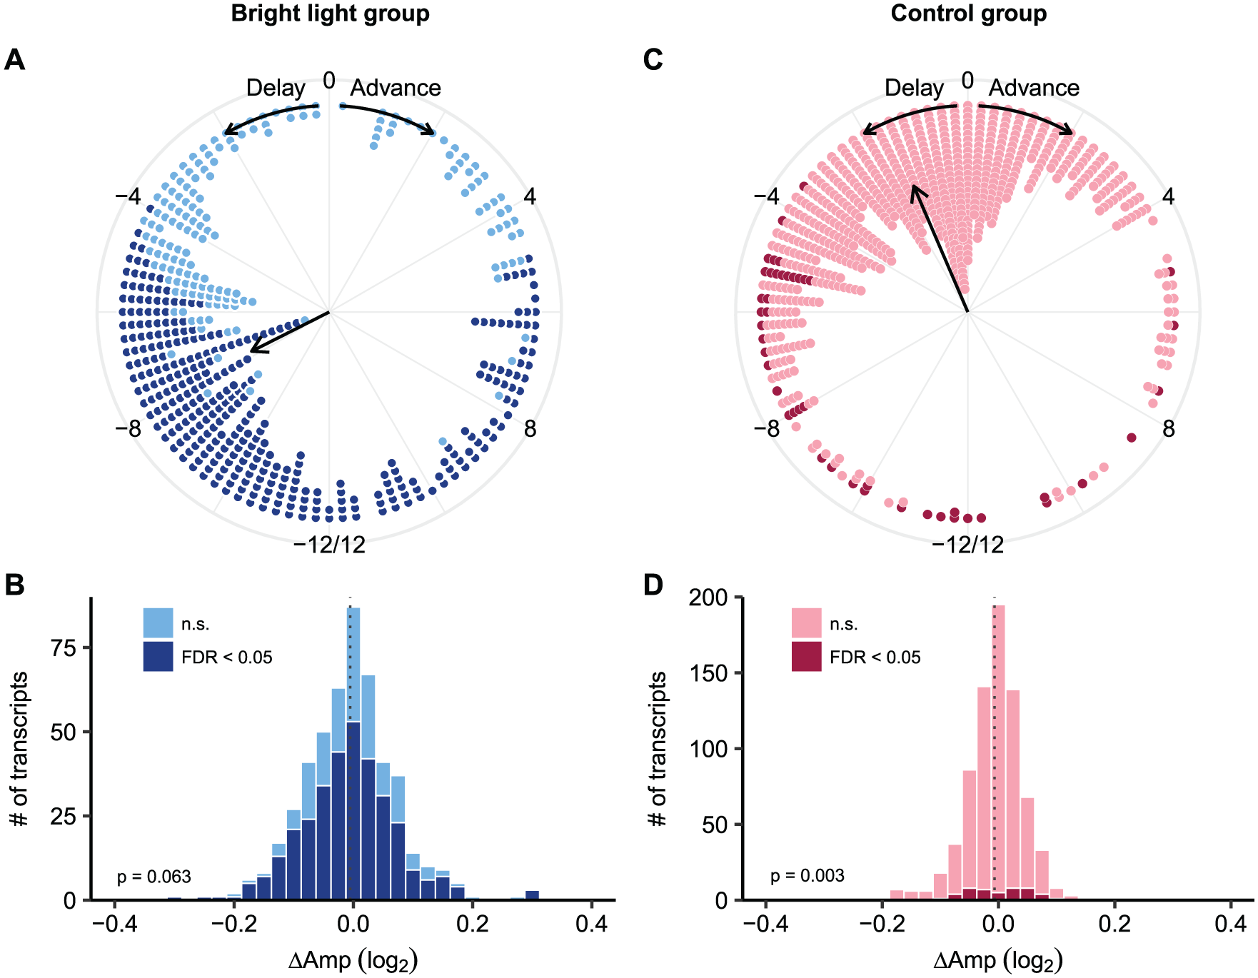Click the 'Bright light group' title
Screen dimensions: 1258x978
point(331,14)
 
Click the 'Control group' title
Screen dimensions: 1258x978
point(969,14)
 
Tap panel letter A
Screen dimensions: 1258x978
point(14,59)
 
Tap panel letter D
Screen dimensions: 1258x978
point(653,585)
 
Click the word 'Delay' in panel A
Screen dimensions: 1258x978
point(276,88)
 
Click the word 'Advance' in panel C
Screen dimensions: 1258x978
point(1034,88)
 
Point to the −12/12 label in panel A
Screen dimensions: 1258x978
point(329,545)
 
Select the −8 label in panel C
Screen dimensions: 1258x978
point(767,429)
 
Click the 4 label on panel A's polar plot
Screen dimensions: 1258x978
point(530,196)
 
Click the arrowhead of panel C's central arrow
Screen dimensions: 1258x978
point(913,190)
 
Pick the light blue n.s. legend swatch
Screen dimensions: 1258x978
point(158,623)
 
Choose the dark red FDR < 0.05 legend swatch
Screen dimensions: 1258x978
point(806,657)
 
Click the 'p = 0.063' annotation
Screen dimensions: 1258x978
point(154,876)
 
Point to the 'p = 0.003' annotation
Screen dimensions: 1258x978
point(807,876)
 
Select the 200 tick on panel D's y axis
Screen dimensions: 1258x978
point(708,597)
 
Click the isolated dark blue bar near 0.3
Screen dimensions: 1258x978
point(532,895)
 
